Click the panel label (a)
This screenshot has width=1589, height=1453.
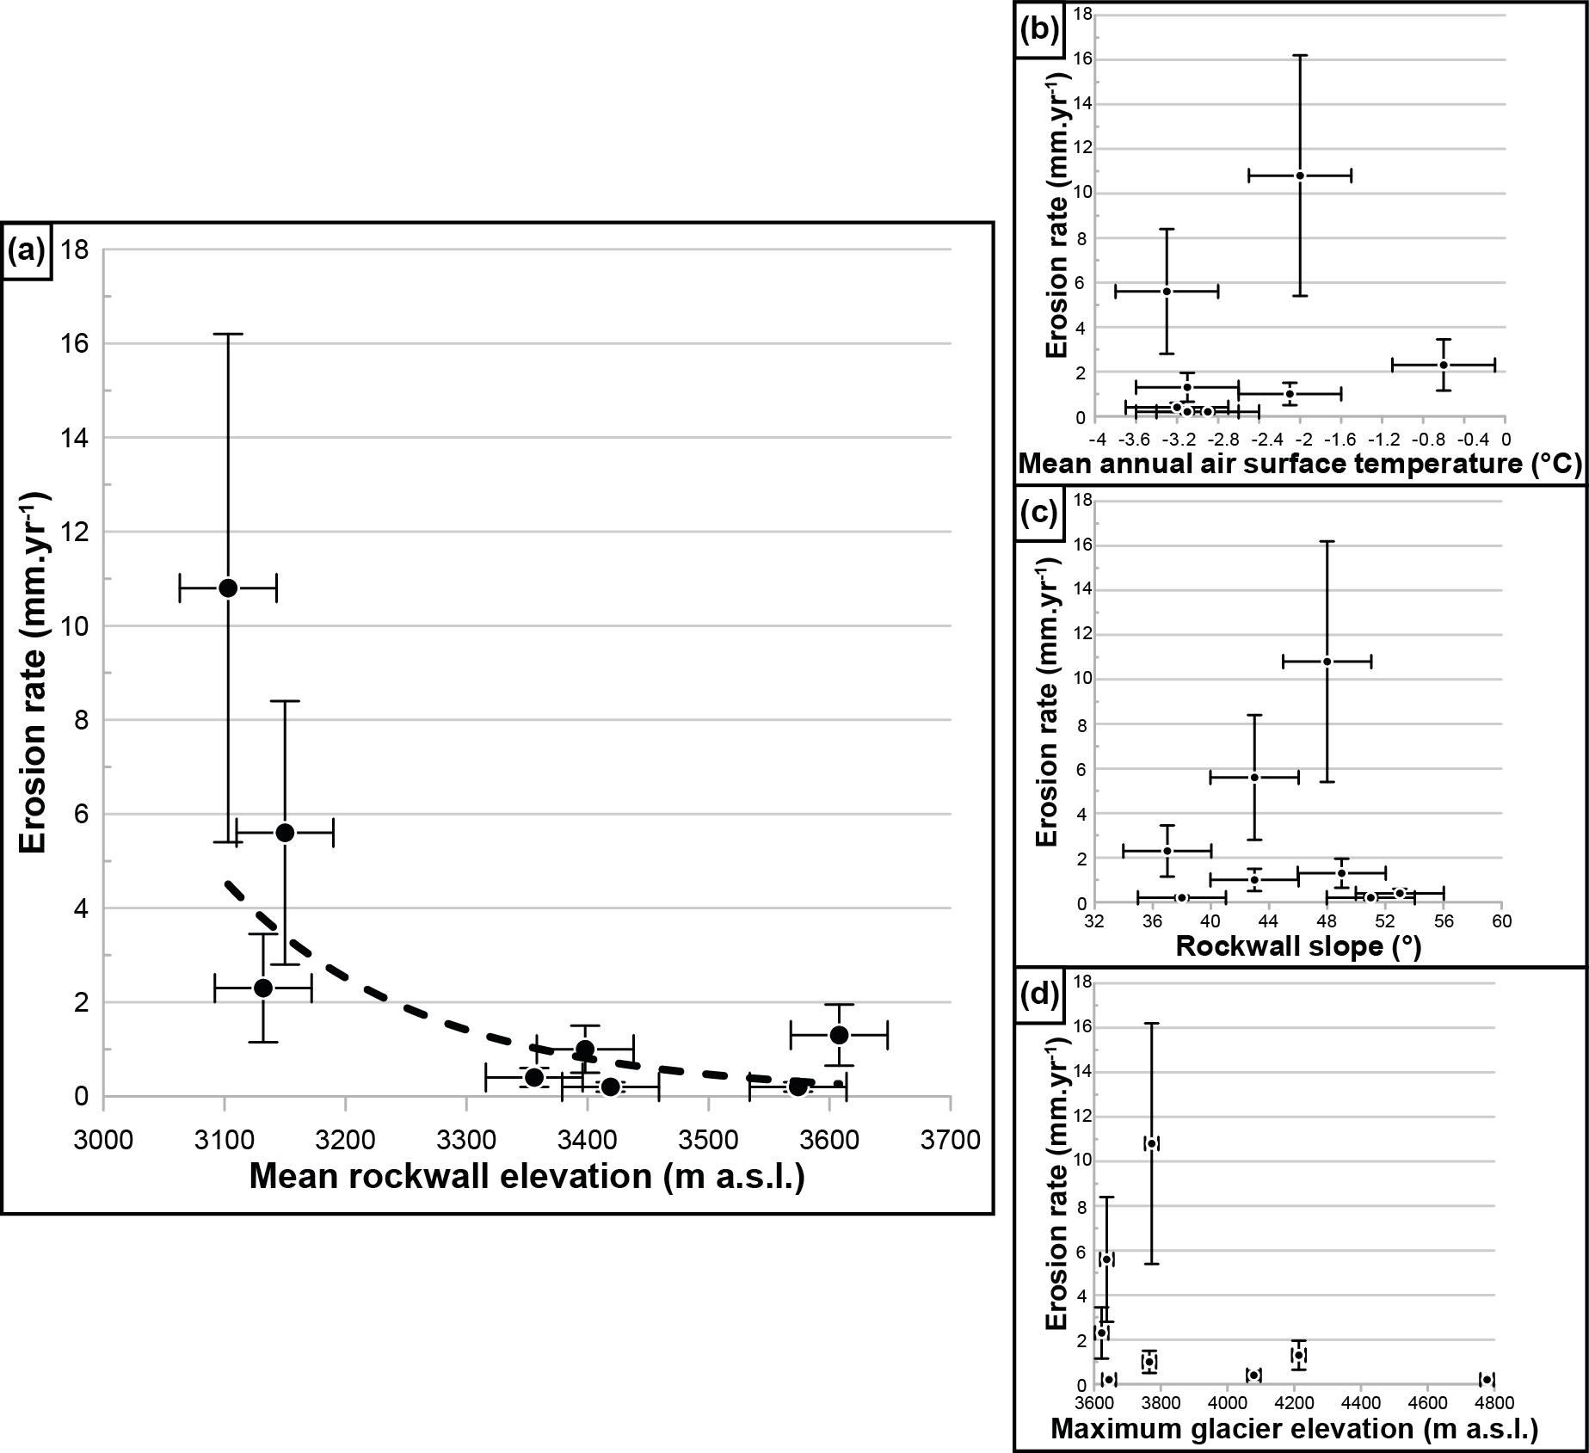(x=28, y=251)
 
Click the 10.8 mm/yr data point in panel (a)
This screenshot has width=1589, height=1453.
(x=228, y=588)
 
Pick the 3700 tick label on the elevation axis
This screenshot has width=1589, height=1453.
(x=950, y=1141)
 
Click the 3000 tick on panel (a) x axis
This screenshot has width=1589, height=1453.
(x=103, y=1141)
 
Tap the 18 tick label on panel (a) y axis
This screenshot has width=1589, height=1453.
(x=76, y=250)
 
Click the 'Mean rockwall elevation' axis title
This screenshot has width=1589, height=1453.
(x=527, y=1176)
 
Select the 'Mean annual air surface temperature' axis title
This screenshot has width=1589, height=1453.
(x=1300, y=465)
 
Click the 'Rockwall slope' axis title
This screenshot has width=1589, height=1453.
(x=1298, y=947)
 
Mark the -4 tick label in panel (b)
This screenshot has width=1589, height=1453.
(x=1097, y=439)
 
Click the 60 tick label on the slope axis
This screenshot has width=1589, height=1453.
(x=1502, y=921)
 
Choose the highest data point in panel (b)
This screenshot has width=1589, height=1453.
(x=1299, y=175)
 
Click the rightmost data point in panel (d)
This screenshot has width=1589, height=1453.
(x=1486, y=1379)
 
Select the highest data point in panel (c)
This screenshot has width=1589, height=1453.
(x=1327, y=662)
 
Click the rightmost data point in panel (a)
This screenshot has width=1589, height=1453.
(x=839, y=1034)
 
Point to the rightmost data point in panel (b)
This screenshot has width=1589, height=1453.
(x=1443, y=365)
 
